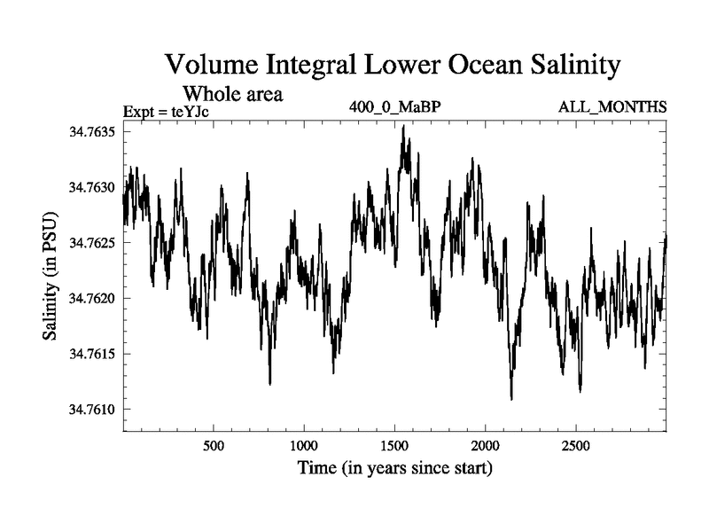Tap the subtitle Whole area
pos(232,93)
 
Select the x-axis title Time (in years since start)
pos(393,467)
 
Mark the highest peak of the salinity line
pos(403,126)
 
